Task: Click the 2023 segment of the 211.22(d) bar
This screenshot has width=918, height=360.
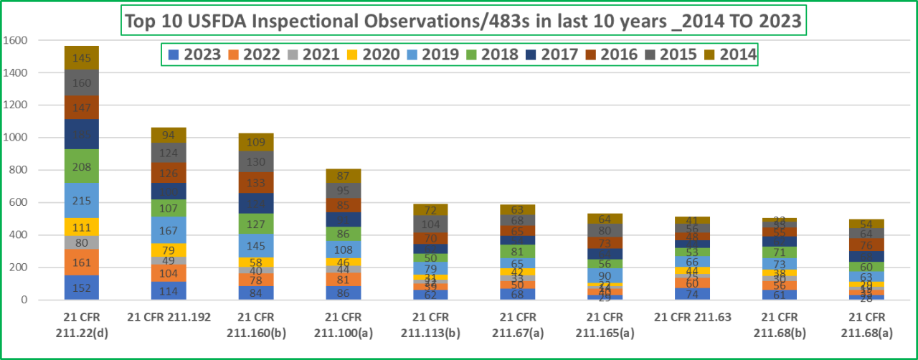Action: tap(82, 288)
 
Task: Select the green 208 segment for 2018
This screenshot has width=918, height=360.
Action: tap(82, 166)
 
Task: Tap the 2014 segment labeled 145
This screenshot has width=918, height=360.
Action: tap(82, 57)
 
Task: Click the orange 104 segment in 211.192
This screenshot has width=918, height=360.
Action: tap(169, 273)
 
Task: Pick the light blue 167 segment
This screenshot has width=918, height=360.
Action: tap(169, 230)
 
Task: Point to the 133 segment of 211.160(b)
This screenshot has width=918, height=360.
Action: tap(256, 182)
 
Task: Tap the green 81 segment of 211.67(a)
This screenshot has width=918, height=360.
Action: tap(517, 251)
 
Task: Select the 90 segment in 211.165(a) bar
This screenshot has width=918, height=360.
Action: tap(604, 275)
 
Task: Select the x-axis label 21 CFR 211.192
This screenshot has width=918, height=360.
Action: tap(169, 317)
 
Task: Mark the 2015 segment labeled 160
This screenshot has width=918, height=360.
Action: tap(82, 82)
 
